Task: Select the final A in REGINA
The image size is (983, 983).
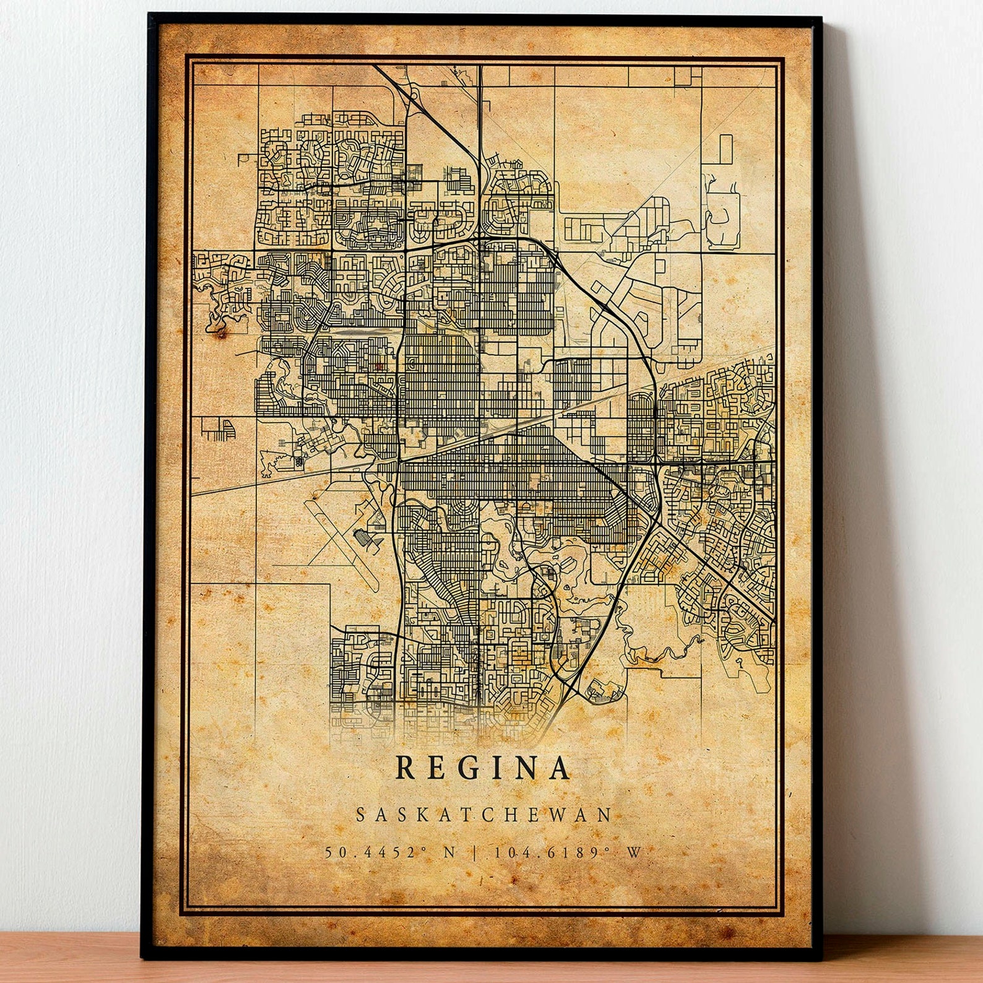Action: [x=559, y=768]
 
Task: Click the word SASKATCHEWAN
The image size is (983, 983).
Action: [x=483, y=815]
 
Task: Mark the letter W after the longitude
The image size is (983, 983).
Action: [x=634, y=852]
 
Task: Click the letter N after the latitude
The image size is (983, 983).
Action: [x=449, y=852]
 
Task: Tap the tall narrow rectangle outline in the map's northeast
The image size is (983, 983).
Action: [x=725, y=149]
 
